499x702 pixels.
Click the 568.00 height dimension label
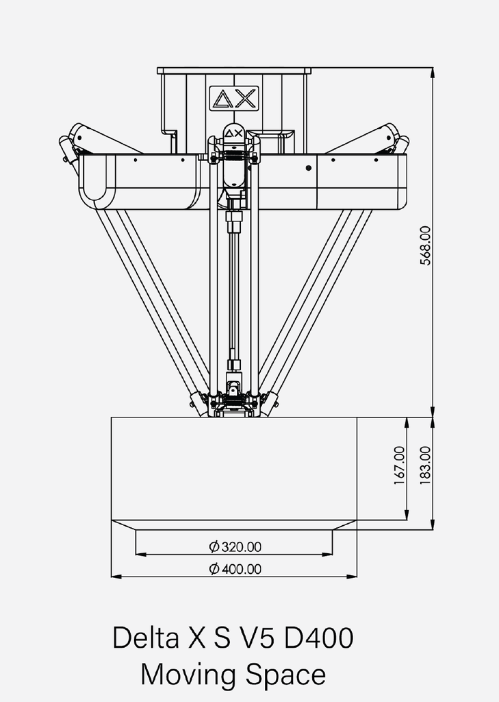point(425,245)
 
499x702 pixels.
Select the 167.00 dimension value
point(399,466)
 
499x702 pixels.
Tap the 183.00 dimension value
point(425,466)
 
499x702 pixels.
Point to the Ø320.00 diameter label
point(235,546)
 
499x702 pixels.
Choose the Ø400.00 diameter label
point(235,568)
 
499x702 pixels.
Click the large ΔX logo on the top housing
point(233,98)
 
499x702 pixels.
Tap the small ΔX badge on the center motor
point(233,132)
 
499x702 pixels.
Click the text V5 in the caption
point(257,638)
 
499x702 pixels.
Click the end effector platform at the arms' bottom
point(233,404)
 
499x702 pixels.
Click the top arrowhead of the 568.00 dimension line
point(433,71)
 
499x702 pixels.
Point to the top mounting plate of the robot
point(233,70)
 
